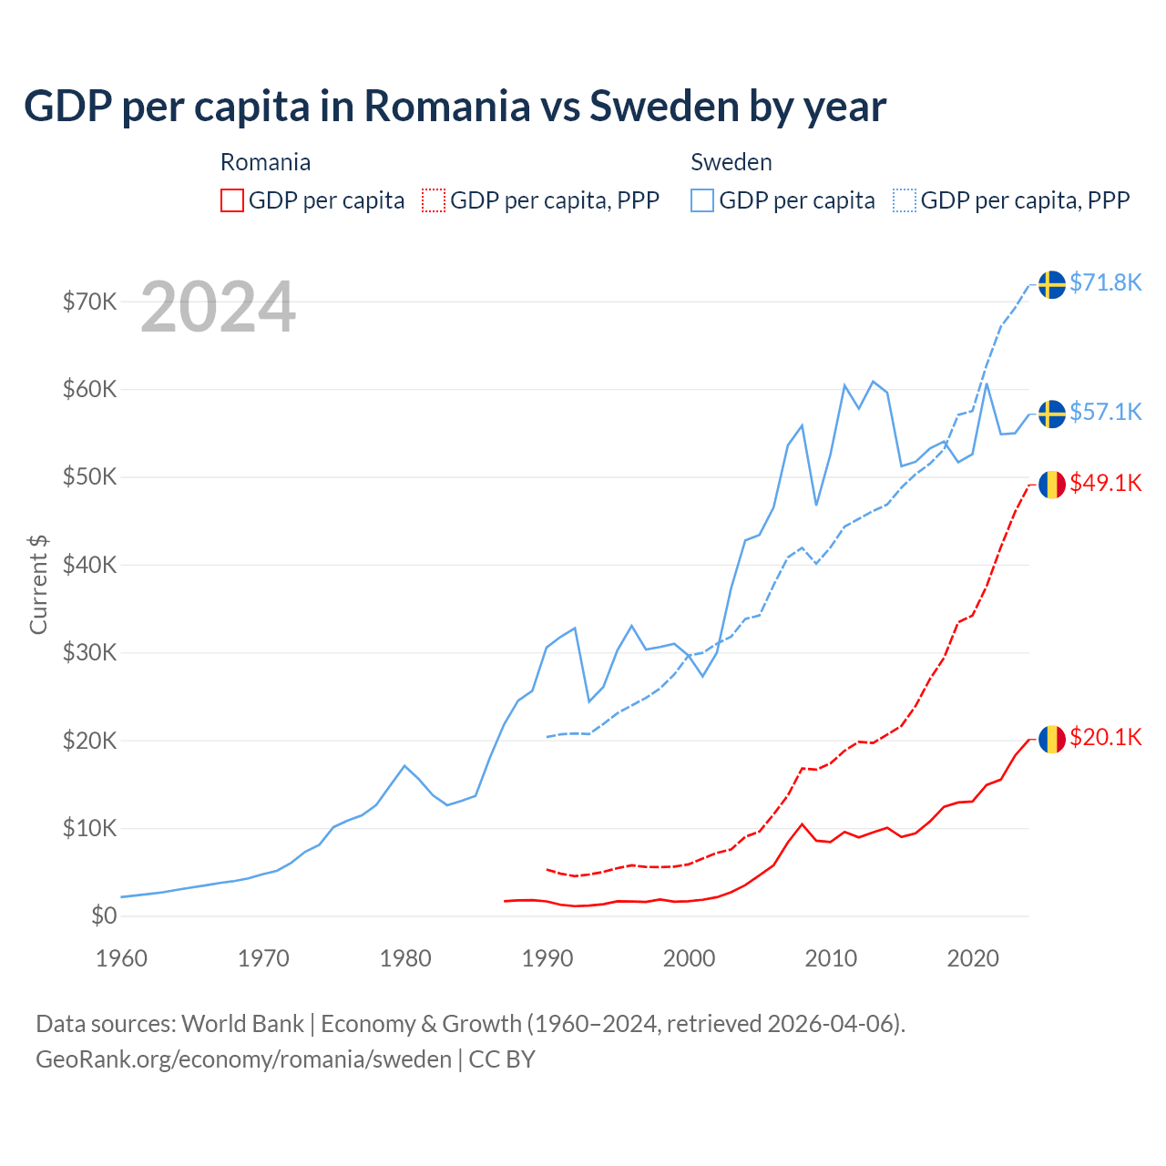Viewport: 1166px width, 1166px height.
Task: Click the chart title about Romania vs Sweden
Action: click(x=455, y=107)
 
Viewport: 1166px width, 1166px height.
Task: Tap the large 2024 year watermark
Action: click(x=218, y=308)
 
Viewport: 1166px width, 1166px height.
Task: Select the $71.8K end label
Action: click(x=1105, y=283)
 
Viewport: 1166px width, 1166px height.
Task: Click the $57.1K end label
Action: click(x=1105, y=413)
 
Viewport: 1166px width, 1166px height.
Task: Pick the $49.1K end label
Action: click(x=1105, y=484)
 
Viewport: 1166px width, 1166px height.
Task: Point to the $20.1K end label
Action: click(x=1105, y=738)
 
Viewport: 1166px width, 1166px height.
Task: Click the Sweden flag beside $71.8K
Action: click(x=1052, y=284)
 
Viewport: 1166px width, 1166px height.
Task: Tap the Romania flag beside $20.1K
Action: click(x=1052, y=739)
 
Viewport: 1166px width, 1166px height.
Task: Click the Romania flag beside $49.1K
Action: click(x=1052, y=485)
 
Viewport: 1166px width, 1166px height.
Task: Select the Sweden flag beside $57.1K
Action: click(x=1052, y=414)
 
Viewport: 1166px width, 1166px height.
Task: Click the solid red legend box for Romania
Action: click(x=232, y=200)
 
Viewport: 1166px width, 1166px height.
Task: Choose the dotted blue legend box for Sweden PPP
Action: click(x=905, y=200)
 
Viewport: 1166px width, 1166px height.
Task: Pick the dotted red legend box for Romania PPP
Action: click(x=434, y=200)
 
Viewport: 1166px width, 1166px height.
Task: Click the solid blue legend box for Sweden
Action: click(x=702, y=200)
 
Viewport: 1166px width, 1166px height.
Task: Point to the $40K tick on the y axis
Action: click(x=89, y=565)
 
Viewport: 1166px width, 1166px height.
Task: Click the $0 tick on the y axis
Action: click(x=104, y=916)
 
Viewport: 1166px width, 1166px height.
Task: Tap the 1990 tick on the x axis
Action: click(x=547, y=958)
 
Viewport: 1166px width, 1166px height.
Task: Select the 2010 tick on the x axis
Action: click(x=831, y=958)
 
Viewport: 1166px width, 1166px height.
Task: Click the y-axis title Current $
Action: click(x=38, y=585)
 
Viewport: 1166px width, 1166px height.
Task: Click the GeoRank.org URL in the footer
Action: click(x=243, y=1059)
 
